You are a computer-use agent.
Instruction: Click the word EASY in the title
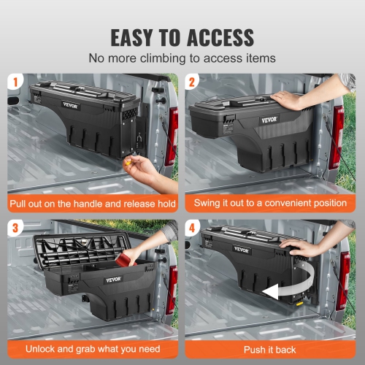click(x=139, y=36)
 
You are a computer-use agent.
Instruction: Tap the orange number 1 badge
click(x=15, y=82)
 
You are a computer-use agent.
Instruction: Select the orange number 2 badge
click(x=193, y=82)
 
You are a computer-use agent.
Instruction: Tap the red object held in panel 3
click(x=133, y=256)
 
